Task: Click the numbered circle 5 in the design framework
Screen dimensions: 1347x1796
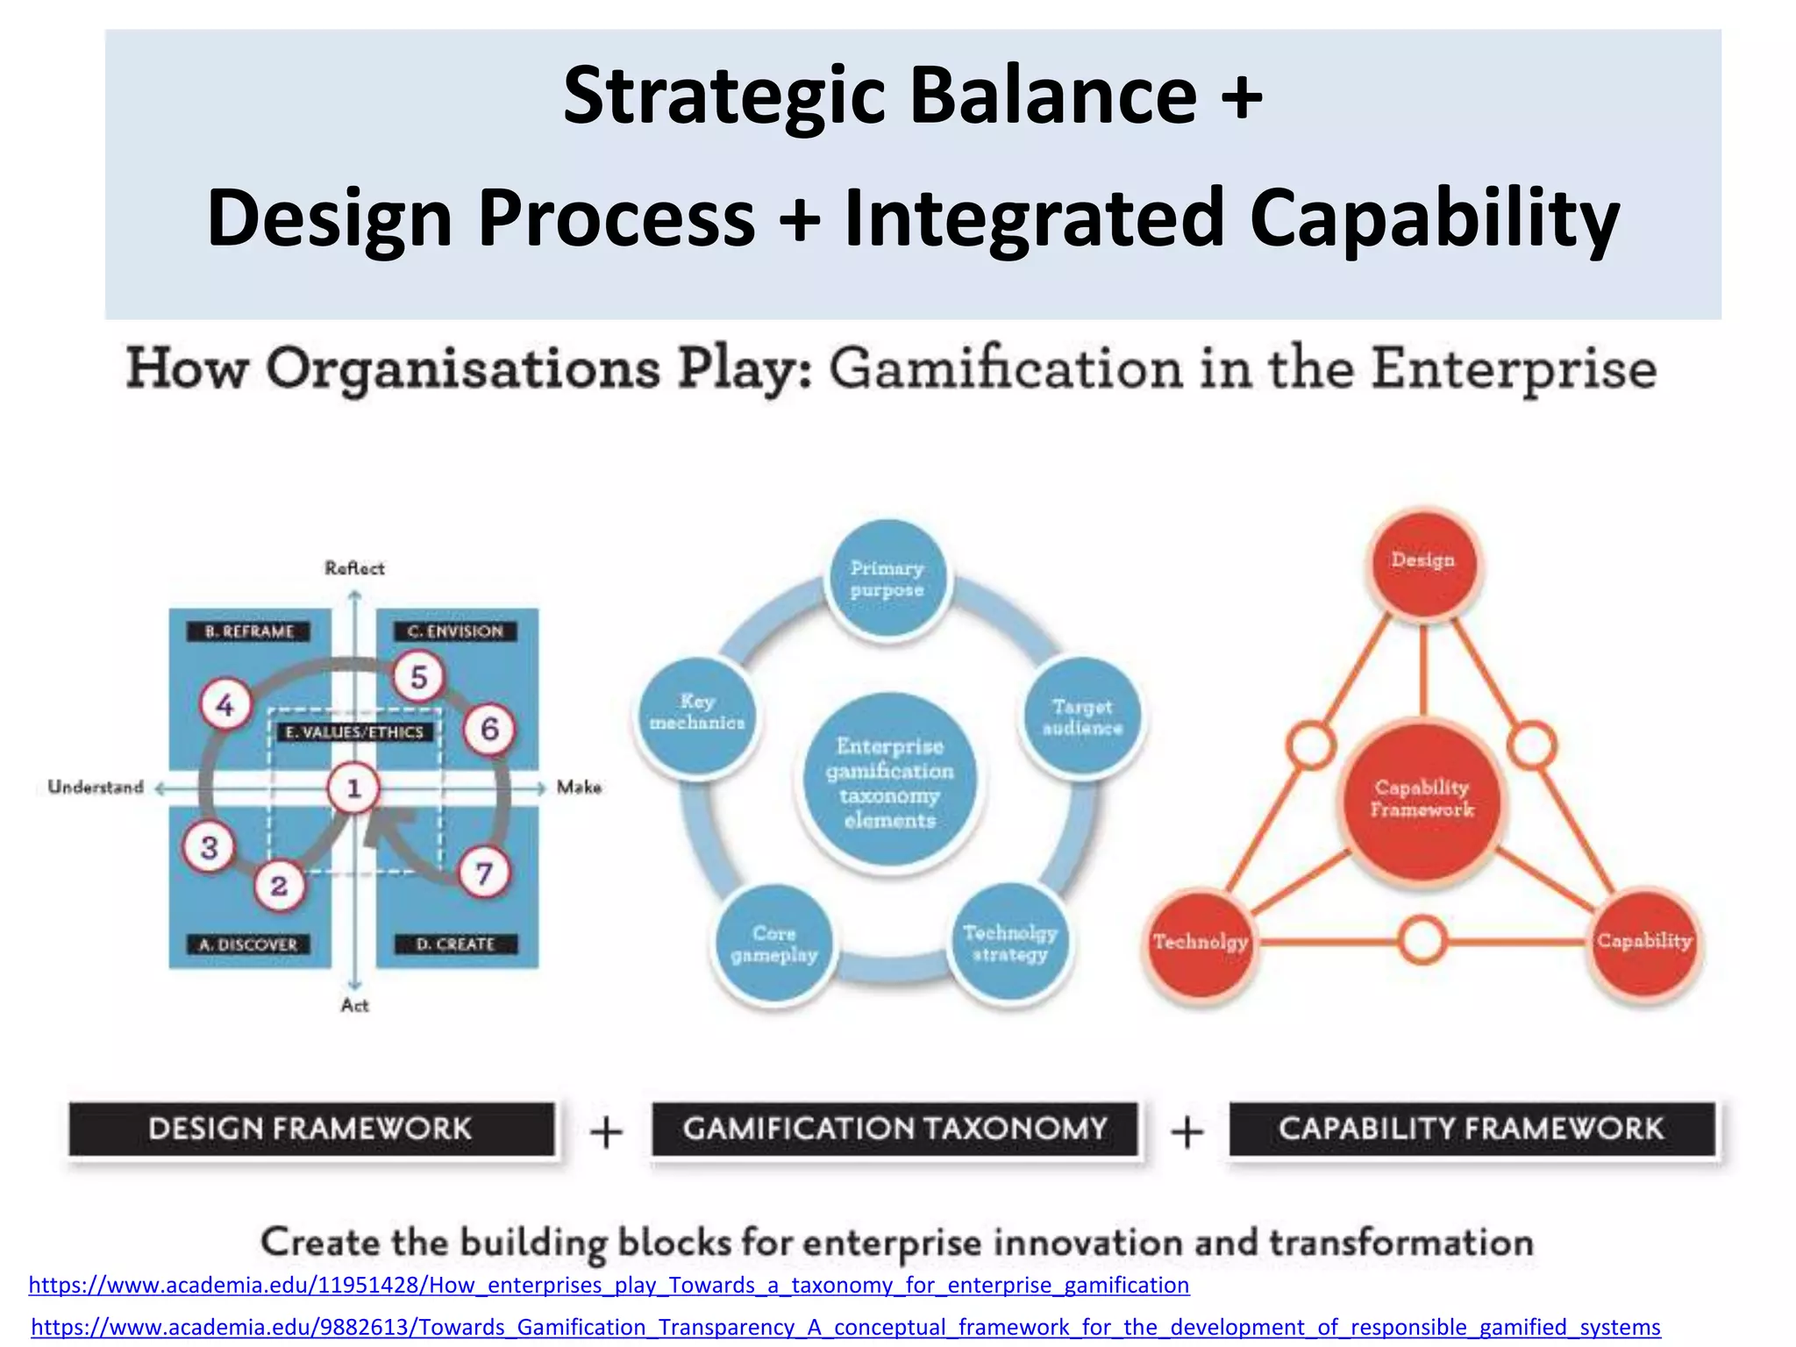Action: (418, 677)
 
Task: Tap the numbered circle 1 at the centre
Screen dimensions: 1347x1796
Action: (353, 788)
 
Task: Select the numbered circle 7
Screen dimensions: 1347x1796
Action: (484, 873)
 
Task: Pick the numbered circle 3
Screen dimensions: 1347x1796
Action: (209, 847)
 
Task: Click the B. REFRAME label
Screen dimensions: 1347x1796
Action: (249, 631)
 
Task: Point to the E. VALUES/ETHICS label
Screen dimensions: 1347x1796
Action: (354, 732)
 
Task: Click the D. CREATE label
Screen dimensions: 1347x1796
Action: (455, 944)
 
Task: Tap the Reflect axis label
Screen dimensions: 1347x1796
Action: (354, 568)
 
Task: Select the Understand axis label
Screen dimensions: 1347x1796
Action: (96, 788)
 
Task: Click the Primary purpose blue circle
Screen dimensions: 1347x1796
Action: (887, 579)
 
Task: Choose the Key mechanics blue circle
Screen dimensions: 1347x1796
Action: (697, 713)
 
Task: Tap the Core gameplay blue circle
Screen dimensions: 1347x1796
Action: (774, 944)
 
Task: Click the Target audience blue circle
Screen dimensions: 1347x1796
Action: (1083, 717)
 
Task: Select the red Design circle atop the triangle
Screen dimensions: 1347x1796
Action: (1422, 561)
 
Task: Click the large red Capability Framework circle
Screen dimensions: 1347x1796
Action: (1422, 800)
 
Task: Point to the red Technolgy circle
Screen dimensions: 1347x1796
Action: (1200, 943)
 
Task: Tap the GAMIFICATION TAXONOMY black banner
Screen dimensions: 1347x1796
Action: (894, 1129)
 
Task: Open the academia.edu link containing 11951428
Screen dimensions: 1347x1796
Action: (609, 1286)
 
